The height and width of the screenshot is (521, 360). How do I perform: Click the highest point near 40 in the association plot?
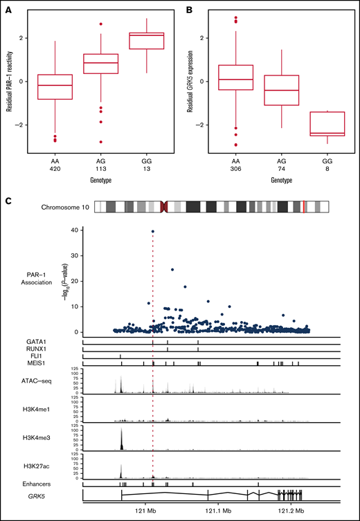[153, 232]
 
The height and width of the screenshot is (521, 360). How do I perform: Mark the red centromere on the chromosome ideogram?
[164, 207]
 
